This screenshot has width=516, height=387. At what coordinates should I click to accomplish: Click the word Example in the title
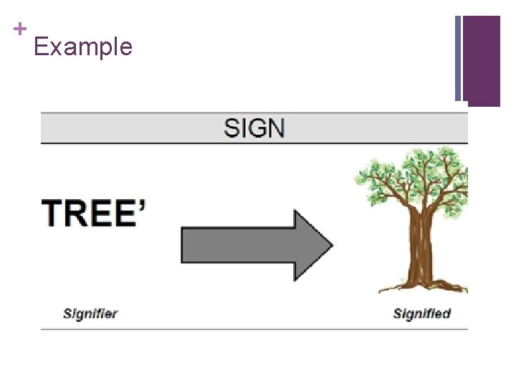pos(83,47)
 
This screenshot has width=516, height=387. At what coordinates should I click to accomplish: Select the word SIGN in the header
pos(254,128)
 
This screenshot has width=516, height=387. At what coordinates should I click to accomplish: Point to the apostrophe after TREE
pos(142,205)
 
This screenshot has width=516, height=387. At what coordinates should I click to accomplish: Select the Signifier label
pos(90,313)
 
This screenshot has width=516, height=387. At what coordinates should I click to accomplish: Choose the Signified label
pos(422,313)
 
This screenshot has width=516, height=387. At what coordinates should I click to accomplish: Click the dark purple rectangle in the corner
pos(482,61)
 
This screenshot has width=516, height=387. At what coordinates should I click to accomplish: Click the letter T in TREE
pos(55,214)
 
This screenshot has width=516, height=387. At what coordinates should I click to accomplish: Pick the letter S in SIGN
pos(232,128)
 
